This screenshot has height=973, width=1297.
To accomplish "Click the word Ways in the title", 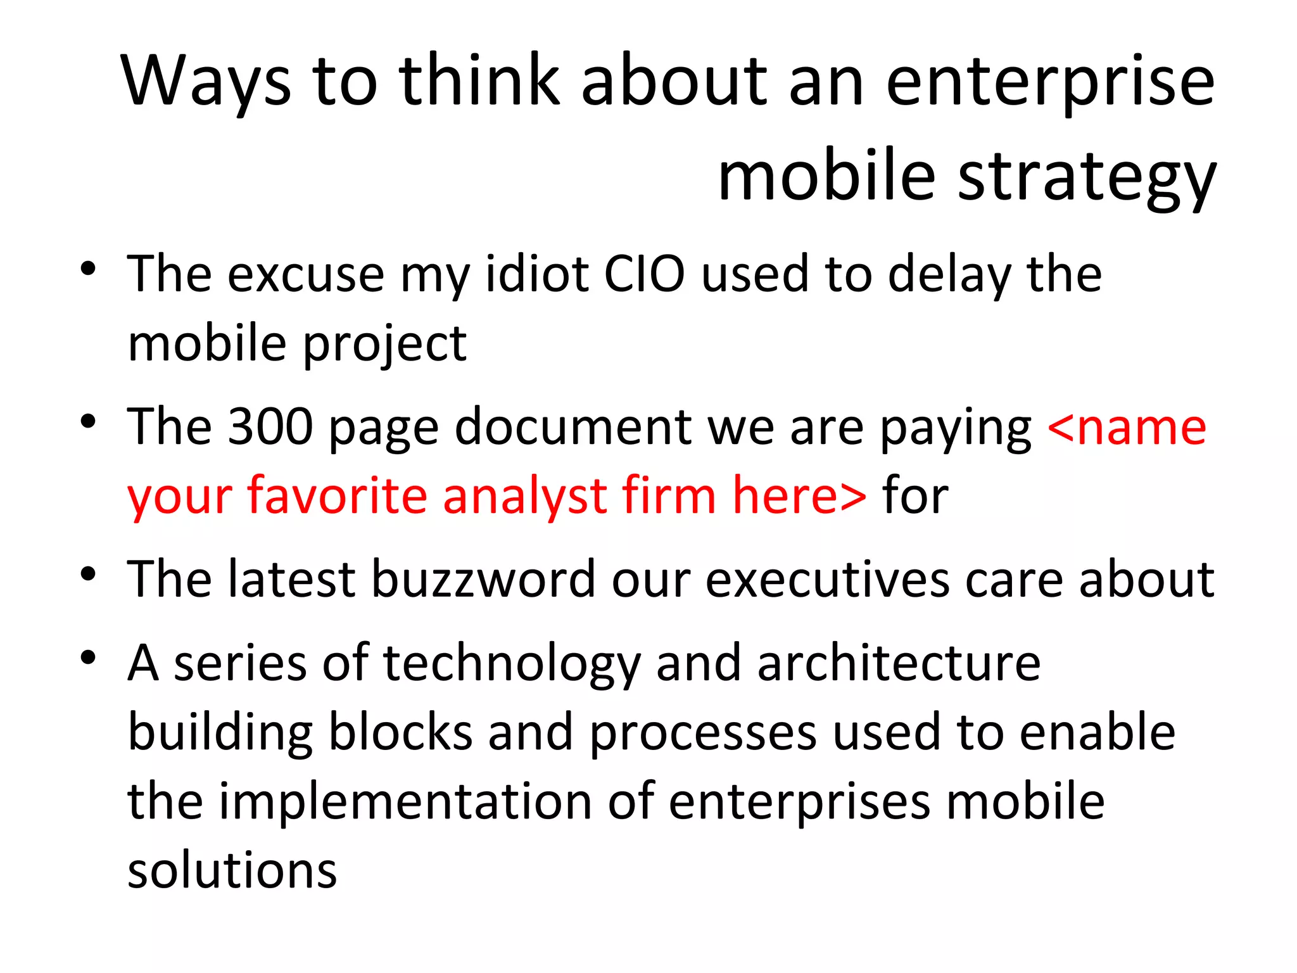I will point(206,81).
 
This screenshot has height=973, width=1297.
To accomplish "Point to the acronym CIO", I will point(644,274).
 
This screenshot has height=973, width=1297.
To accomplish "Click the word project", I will point(384,344).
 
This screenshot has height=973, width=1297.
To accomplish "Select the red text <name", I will point(1127,428).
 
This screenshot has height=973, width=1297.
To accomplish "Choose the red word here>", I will point(799,496).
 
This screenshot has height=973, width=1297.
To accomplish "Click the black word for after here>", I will point(915,496).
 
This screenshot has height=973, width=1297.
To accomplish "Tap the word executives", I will point(827,579).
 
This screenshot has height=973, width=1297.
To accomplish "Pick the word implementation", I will point(405,802).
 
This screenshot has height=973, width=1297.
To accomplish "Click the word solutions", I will point(232,871).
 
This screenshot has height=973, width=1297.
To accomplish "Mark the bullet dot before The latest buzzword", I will point(88,573).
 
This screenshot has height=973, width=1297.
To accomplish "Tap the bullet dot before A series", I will point(88,658).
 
